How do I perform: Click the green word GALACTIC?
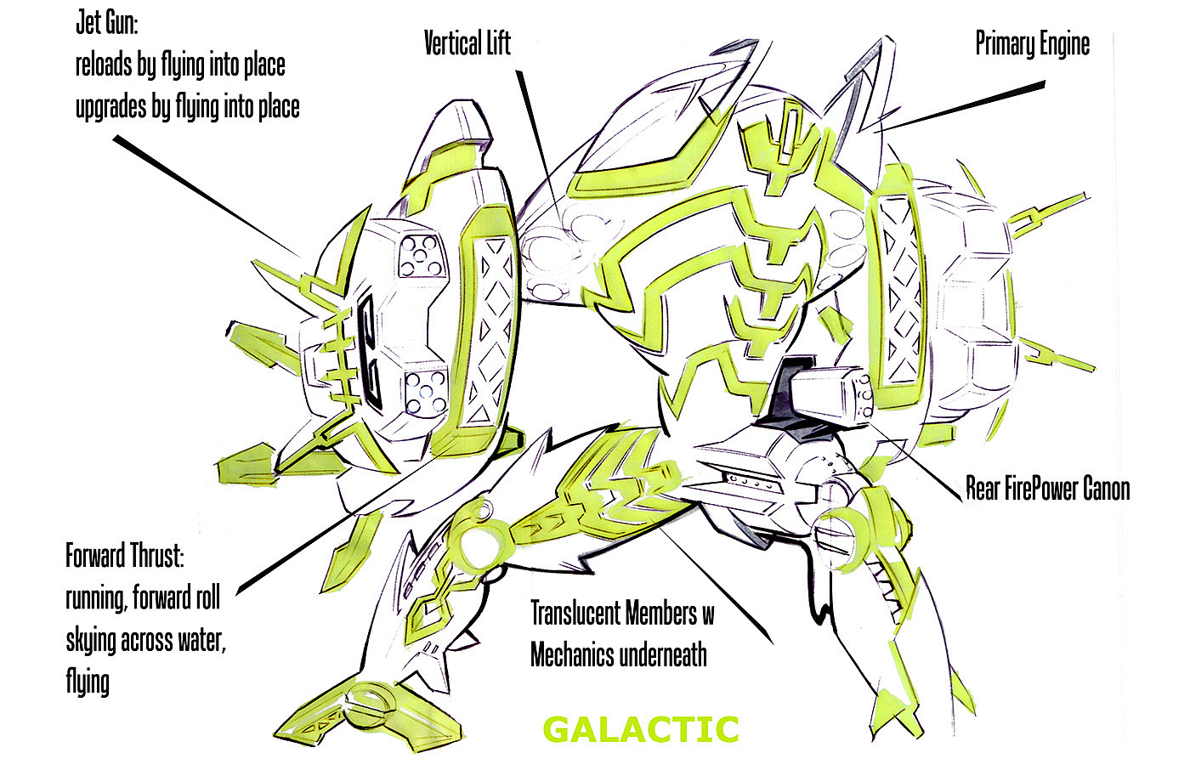click(x=640, y=730)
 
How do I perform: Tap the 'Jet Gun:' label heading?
click(x=107, y=23)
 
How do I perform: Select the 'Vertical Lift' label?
click(x=467, y=43)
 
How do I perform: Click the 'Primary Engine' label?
click(x=1032, y=43)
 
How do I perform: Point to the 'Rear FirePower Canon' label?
click(x=1047, y=489)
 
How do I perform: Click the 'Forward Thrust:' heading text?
click(x=124, y=557)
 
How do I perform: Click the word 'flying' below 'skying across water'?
click(x=88, y=681)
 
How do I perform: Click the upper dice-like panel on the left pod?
click(x=422, y=257)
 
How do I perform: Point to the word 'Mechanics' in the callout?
click(x=572, y=655)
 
